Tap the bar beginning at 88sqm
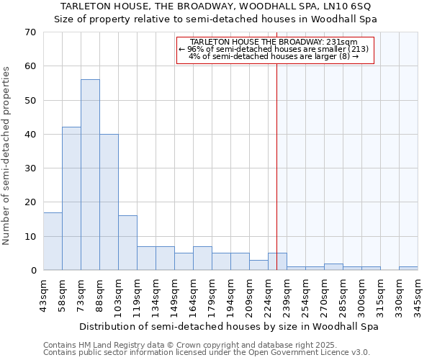pos(109,202)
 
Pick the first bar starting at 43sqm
pos(53,241)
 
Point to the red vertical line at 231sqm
pos(276,180)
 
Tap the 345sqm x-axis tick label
pos(418,295)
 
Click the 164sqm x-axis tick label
pos(193,295)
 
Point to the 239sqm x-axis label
pos(287,295)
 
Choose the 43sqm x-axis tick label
pos(43,295)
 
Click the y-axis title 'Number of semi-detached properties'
pos(7,156)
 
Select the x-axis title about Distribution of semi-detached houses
pos(228,326)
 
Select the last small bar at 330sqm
pos(408,269)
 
